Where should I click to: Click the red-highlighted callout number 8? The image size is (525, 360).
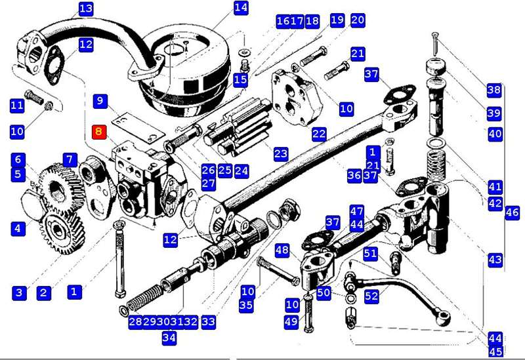(x=99, y=131)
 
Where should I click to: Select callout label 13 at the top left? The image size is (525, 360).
(x=86, y=9)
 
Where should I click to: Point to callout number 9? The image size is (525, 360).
(x=100, y=101)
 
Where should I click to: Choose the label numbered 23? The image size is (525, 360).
(x=281, y=154)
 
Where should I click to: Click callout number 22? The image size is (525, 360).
(x=319, y=134)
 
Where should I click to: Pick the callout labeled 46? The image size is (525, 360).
(x=513, y=212)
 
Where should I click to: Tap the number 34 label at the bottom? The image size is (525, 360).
(x=169, y=338)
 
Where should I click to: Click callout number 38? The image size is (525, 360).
(x=493, y=90)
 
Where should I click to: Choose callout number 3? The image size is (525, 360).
(x=18, y=292)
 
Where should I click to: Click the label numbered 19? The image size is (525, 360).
(x=337, y=20)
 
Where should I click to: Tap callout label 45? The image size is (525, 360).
(x=495, y=351)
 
